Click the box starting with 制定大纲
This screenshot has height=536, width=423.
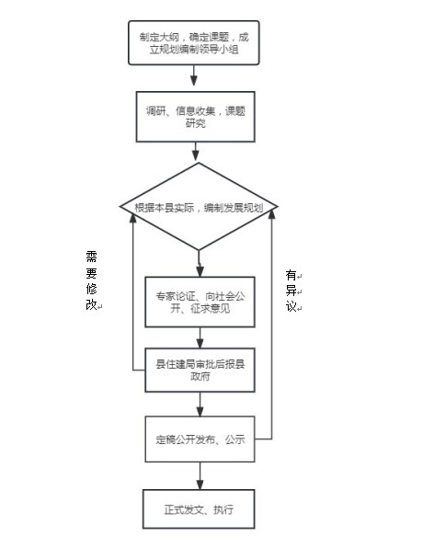(x=193, y=42)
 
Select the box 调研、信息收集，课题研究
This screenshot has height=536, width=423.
(x=195, y=117)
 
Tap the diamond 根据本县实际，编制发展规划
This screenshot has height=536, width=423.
(x=199, y=207)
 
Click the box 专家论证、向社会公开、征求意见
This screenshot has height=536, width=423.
(x=200, y=302)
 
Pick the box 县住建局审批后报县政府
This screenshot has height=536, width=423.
(x=200, y=370)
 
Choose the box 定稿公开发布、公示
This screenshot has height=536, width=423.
(x=200, y=439)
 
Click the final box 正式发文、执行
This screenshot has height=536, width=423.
(x=199, y=509)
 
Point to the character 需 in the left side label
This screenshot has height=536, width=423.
(x=91, y=257)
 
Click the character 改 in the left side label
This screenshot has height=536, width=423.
(x=91, y=304)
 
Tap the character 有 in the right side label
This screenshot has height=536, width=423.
(x=291, y=275)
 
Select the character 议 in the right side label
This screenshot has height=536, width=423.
(x=291, y=306)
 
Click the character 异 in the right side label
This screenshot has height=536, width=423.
(x=291, y=291)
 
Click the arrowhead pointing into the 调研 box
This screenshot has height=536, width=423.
(x=193, y=81)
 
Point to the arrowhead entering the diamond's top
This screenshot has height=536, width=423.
(x=195, y=156)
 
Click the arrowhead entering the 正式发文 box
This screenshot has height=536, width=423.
(x=200, y=485)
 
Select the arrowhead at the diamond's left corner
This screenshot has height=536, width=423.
(x=132, y=218)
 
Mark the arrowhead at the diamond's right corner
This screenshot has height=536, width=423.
(x=271, y=214)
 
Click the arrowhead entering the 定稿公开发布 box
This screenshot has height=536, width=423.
(x=200, y=411)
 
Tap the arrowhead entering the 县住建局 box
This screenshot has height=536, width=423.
(x=200, y=344)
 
